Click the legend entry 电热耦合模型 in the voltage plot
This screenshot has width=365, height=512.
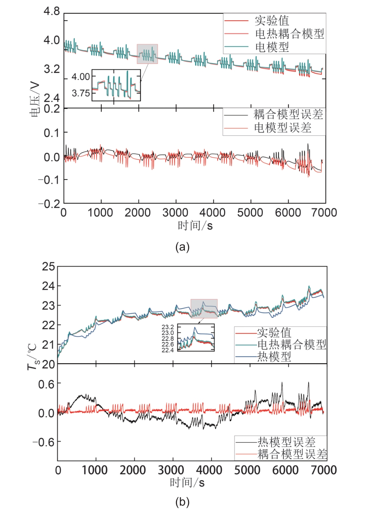tap(289, 34)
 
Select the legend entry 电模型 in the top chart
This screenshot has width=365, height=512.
tap(272, 47)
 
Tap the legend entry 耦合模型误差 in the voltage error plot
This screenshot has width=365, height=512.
tap(288, 114)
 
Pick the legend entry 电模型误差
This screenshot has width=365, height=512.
tap(283, 128)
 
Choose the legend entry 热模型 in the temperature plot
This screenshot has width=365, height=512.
tap(274, 356)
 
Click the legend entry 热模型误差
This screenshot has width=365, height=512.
tap(286, 442)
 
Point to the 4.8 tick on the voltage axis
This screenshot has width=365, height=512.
tap(51, 11)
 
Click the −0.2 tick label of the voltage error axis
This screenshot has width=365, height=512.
tap(49, 204)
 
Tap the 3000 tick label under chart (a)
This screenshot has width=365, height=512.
tap(175, 213)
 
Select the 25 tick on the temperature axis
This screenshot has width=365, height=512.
tap(48, 267)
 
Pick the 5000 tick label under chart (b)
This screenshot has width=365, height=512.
tap(247, 470)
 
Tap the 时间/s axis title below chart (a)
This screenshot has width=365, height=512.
tap(195, 225)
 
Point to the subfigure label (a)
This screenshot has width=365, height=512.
tap(182, 247)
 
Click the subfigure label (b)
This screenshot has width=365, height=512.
tap(182, 502)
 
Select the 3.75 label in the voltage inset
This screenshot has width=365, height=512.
tap(81, 93)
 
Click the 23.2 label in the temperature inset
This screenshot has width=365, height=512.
tap(168, 327)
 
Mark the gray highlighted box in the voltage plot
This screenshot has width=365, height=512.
tap(147, 54)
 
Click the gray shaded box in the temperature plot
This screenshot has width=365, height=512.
tap(204, 308)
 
